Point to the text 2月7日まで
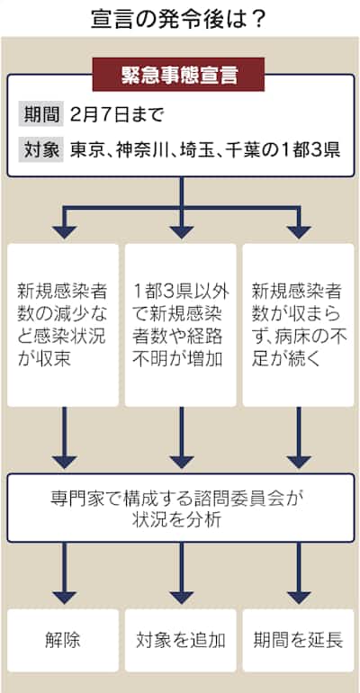tap(117, 115)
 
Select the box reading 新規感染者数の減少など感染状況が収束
tap(63, 325)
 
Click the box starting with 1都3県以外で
tap(180, 325)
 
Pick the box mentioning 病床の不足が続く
tap(298, 325)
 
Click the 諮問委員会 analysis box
tap(181, 508)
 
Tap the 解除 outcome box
tap(63, 641)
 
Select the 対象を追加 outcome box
tap(180, 641)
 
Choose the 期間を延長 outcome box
tap(298, 641)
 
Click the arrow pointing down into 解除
tap(65, 573)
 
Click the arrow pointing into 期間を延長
tap(299, 573)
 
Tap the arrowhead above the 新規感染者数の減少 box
tap(65, 231)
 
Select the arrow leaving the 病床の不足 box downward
tap(299, 437)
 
